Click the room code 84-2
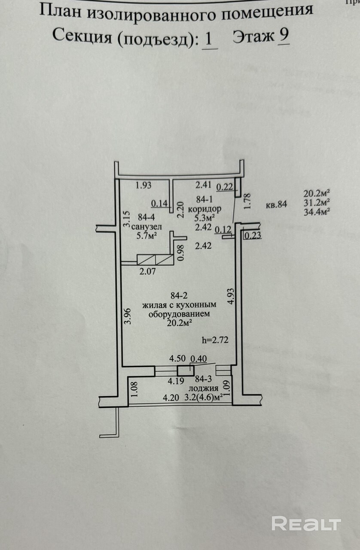180,296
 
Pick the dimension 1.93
144,186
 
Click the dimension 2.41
204,186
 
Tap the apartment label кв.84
276,205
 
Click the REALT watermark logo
306,523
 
